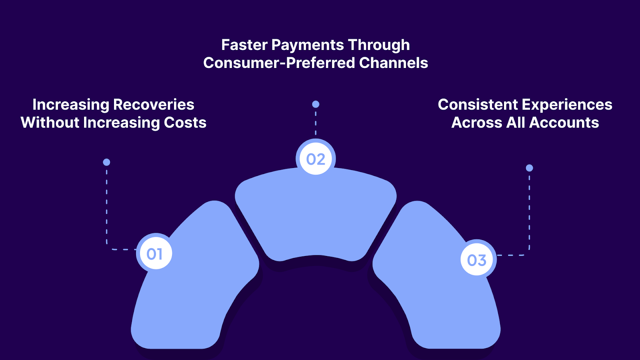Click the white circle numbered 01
coord(154,254)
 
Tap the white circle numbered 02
coord(316,159)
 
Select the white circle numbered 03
coord(477,260)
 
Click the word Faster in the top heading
coord(244,45)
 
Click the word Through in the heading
coord(379,45)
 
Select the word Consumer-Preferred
coord(279,63)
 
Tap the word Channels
coord(394,63)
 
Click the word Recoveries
coord(154,104)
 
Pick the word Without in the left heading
coord(50,122)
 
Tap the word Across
coord(476,122)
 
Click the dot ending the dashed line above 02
coord(316,104)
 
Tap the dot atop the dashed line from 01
coord(106,162)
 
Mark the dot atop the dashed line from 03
coord(529,168)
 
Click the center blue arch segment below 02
coord(316,216)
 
